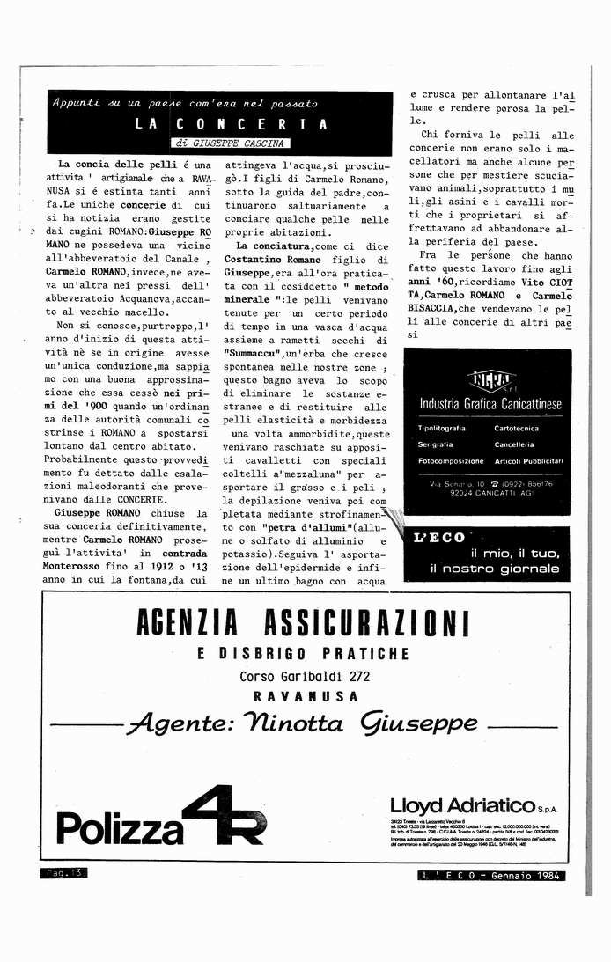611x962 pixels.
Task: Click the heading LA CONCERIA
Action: pos(232,124)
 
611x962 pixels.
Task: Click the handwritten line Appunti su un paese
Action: pos(184,103)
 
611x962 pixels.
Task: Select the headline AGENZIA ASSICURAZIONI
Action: pos(303,623)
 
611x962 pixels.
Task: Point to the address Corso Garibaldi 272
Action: pos(304,676)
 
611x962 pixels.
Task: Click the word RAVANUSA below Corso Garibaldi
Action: pos(305,695)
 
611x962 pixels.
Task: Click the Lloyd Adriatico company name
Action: pos(462,805)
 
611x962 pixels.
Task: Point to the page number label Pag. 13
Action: pos(64,873)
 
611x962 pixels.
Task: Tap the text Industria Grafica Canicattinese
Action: pos(490,404)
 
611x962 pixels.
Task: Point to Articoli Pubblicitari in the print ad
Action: pos(528,460)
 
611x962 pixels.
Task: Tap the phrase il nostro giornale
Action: pos(495,569)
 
